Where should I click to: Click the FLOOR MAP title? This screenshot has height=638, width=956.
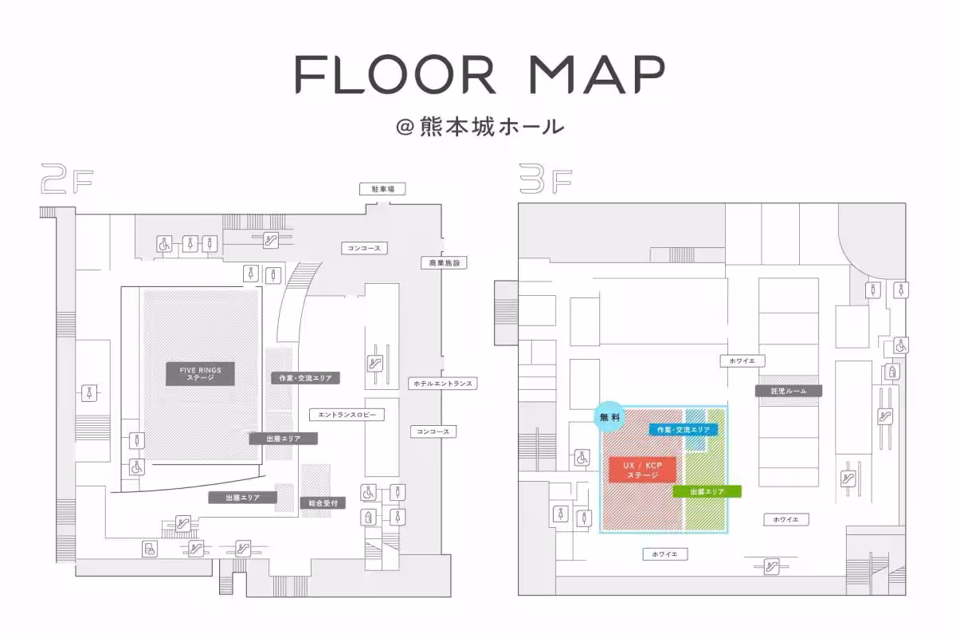click(x=480, y=74)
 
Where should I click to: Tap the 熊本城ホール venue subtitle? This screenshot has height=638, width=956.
click(x=480, y=127)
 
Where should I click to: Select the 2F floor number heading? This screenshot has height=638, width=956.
click(x=67, y=179)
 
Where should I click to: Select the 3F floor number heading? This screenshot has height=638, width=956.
click(x=546, y=179)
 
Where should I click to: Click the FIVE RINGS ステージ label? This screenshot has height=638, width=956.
click(x=200, y=374)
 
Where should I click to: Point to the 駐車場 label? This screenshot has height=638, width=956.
click(x=382, y=189)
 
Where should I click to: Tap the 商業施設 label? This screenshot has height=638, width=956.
click(x=444, y=263)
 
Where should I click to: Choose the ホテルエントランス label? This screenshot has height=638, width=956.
click(x=443, y=384)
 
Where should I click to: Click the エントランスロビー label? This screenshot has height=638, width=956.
click(x=347, y=415)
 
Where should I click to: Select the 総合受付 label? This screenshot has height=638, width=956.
click(x=323, y=503)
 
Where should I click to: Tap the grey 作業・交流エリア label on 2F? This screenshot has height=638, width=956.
click(x=306, y=378)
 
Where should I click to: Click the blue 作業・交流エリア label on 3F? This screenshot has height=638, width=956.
click(x=684, y=430)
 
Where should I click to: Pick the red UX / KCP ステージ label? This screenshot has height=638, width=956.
click(x=642, y=470)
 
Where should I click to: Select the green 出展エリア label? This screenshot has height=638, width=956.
click(x=707, y=491)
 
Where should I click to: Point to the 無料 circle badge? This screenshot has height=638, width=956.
click(x=610, y=417)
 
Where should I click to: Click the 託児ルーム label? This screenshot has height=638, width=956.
click(x=789, y=391)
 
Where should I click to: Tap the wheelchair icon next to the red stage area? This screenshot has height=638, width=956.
click(x=582, y=458)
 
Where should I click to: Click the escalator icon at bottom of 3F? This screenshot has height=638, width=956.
click(x=771, y=567)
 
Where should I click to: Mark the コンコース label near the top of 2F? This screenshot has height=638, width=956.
click(x=364, y=248)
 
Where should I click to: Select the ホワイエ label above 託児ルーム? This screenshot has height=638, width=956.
click(x=742, y=360)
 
